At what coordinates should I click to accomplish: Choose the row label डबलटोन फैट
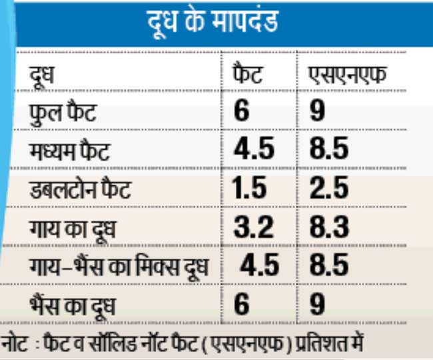[79, 189]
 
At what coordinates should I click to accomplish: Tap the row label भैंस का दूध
[72, 305]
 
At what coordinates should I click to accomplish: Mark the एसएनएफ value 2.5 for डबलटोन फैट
[329, 188]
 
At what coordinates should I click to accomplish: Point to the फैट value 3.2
[254, 227]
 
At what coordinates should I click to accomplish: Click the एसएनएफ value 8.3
[329, 227]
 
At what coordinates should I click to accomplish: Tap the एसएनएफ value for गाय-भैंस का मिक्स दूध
[329, 265]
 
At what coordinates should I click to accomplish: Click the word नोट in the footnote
[15, 346]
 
